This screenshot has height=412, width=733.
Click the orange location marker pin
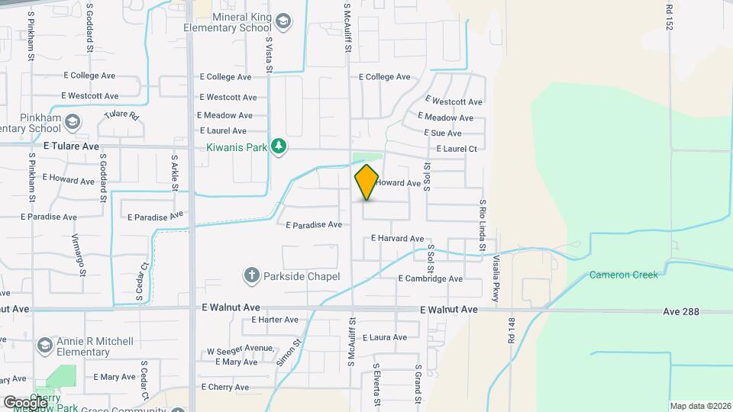click(366, 182)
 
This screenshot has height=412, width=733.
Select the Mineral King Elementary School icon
click(283, 21)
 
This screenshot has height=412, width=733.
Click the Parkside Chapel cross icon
click(251, 275)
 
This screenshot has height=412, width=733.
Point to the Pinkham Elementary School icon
click(72, 122)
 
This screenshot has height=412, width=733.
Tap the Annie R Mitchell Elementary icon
click(44, 346)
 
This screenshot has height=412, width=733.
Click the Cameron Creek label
click(623, 275)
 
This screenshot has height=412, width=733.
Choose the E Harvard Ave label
click(397, 239)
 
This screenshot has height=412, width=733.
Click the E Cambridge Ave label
click(431, 279)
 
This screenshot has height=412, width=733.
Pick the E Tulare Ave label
click(71, 146)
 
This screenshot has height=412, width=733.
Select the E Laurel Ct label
click(452, 150)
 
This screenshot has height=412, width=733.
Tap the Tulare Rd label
click(121, 117)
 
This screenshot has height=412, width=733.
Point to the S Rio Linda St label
click(483, 226)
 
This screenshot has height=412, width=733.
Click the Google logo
click(24, 402)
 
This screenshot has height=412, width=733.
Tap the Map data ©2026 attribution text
click(699, 406)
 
